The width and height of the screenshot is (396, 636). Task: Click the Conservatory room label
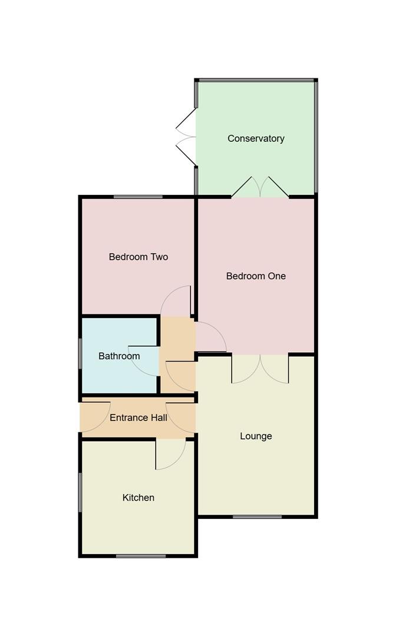[x=256, y=138]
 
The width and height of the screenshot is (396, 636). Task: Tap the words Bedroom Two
[x=138, y=257]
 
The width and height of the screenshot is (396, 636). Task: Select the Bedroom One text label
[x=256, y=276]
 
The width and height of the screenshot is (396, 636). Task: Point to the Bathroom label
[x=119, y=356]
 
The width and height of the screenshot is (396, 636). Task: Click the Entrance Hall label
[x=138, y=418]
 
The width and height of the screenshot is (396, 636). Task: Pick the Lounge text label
[x=256, y=436]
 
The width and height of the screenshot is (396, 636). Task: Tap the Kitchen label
[x=138, y=498]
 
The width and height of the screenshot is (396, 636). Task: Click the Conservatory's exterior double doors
[x=187, y=137]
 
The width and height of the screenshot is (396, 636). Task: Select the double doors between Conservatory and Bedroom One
[x=260, y=187]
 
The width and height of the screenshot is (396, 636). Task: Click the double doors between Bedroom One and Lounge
[x=260, y=368]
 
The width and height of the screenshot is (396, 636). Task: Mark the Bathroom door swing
[x=145, y=360]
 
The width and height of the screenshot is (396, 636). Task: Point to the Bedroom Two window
[x=138, y=197]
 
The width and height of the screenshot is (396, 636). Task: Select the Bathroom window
[x=81, y=355]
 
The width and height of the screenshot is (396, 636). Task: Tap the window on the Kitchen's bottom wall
[x=140, y=555]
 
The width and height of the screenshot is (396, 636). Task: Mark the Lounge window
[x=256, y=517]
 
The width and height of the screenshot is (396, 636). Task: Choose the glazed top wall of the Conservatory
[x=256, y=80]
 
